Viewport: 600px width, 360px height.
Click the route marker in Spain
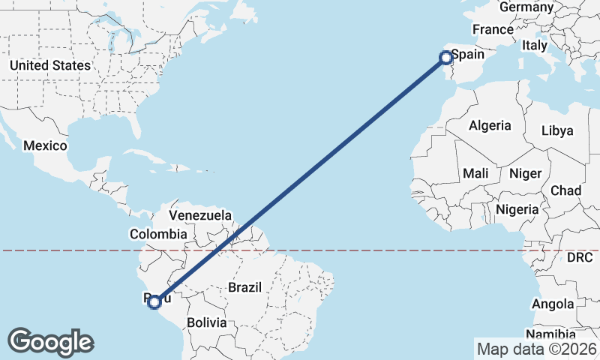(x=445, y=57)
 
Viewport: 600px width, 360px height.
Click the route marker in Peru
(x=154, y=302)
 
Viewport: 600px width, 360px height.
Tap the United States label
(x=49, y=65)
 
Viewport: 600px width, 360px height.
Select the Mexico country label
(x=45, y=145)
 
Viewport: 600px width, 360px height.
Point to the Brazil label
(x=244, y=287)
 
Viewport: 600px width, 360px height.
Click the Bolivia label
(x=206, y=322)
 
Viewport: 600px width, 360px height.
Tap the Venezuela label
(x=200, y=215)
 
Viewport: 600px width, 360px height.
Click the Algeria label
(x=490, y=126)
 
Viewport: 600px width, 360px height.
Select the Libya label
(x=557, y=130)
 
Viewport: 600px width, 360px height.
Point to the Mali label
(x=475, y=173)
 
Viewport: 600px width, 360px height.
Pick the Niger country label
(x=525, y=173)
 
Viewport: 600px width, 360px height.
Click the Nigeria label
(x=517, y=209)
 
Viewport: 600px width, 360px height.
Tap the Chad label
(x=565, y=190)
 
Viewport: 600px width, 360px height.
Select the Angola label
(x=553, y=304)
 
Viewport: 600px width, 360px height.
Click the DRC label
(x=580, y=257)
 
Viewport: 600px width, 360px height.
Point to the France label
(x=492, y=30)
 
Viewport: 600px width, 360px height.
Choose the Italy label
(x=535, y=45)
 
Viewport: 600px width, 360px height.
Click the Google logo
(x=50, y=342)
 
